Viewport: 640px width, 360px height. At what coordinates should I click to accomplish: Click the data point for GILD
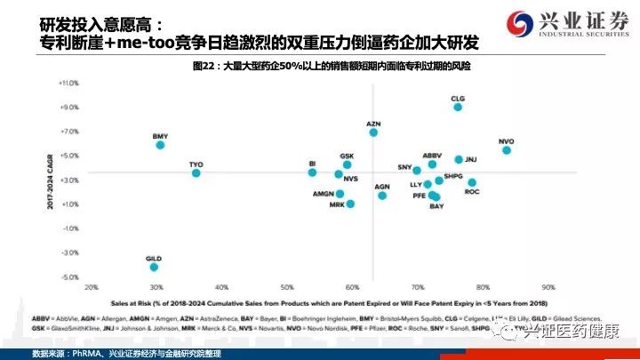point(155,267)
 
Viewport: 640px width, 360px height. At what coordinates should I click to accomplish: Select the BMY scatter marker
point(161,145)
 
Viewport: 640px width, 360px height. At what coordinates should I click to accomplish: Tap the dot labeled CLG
point(458,107)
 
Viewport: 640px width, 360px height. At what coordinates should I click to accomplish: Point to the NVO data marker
point(507,150)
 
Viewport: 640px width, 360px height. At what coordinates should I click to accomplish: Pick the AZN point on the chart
point(373,132)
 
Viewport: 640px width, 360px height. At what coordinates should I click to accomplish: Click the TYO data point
point(196,172)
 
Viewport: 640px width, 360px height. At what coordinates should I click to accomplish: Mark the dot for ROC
point(472,182)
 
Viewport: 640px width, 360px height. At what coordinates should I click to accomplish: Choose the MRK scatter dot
point(350,204)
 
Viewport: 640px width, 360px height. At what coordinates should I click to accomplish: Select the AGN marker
point(382,195)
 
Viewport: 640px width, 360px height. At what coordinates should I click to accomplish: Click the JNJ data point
point(459,160)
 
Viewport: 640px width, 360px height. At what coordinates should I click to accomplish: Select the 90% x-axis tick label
point(548,287)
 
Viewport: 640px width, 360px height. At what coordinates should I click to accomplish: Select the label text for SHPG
point(453,176)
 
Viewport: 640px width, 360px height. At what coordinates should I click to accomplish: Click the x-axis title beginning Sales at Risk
point(320,301)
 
